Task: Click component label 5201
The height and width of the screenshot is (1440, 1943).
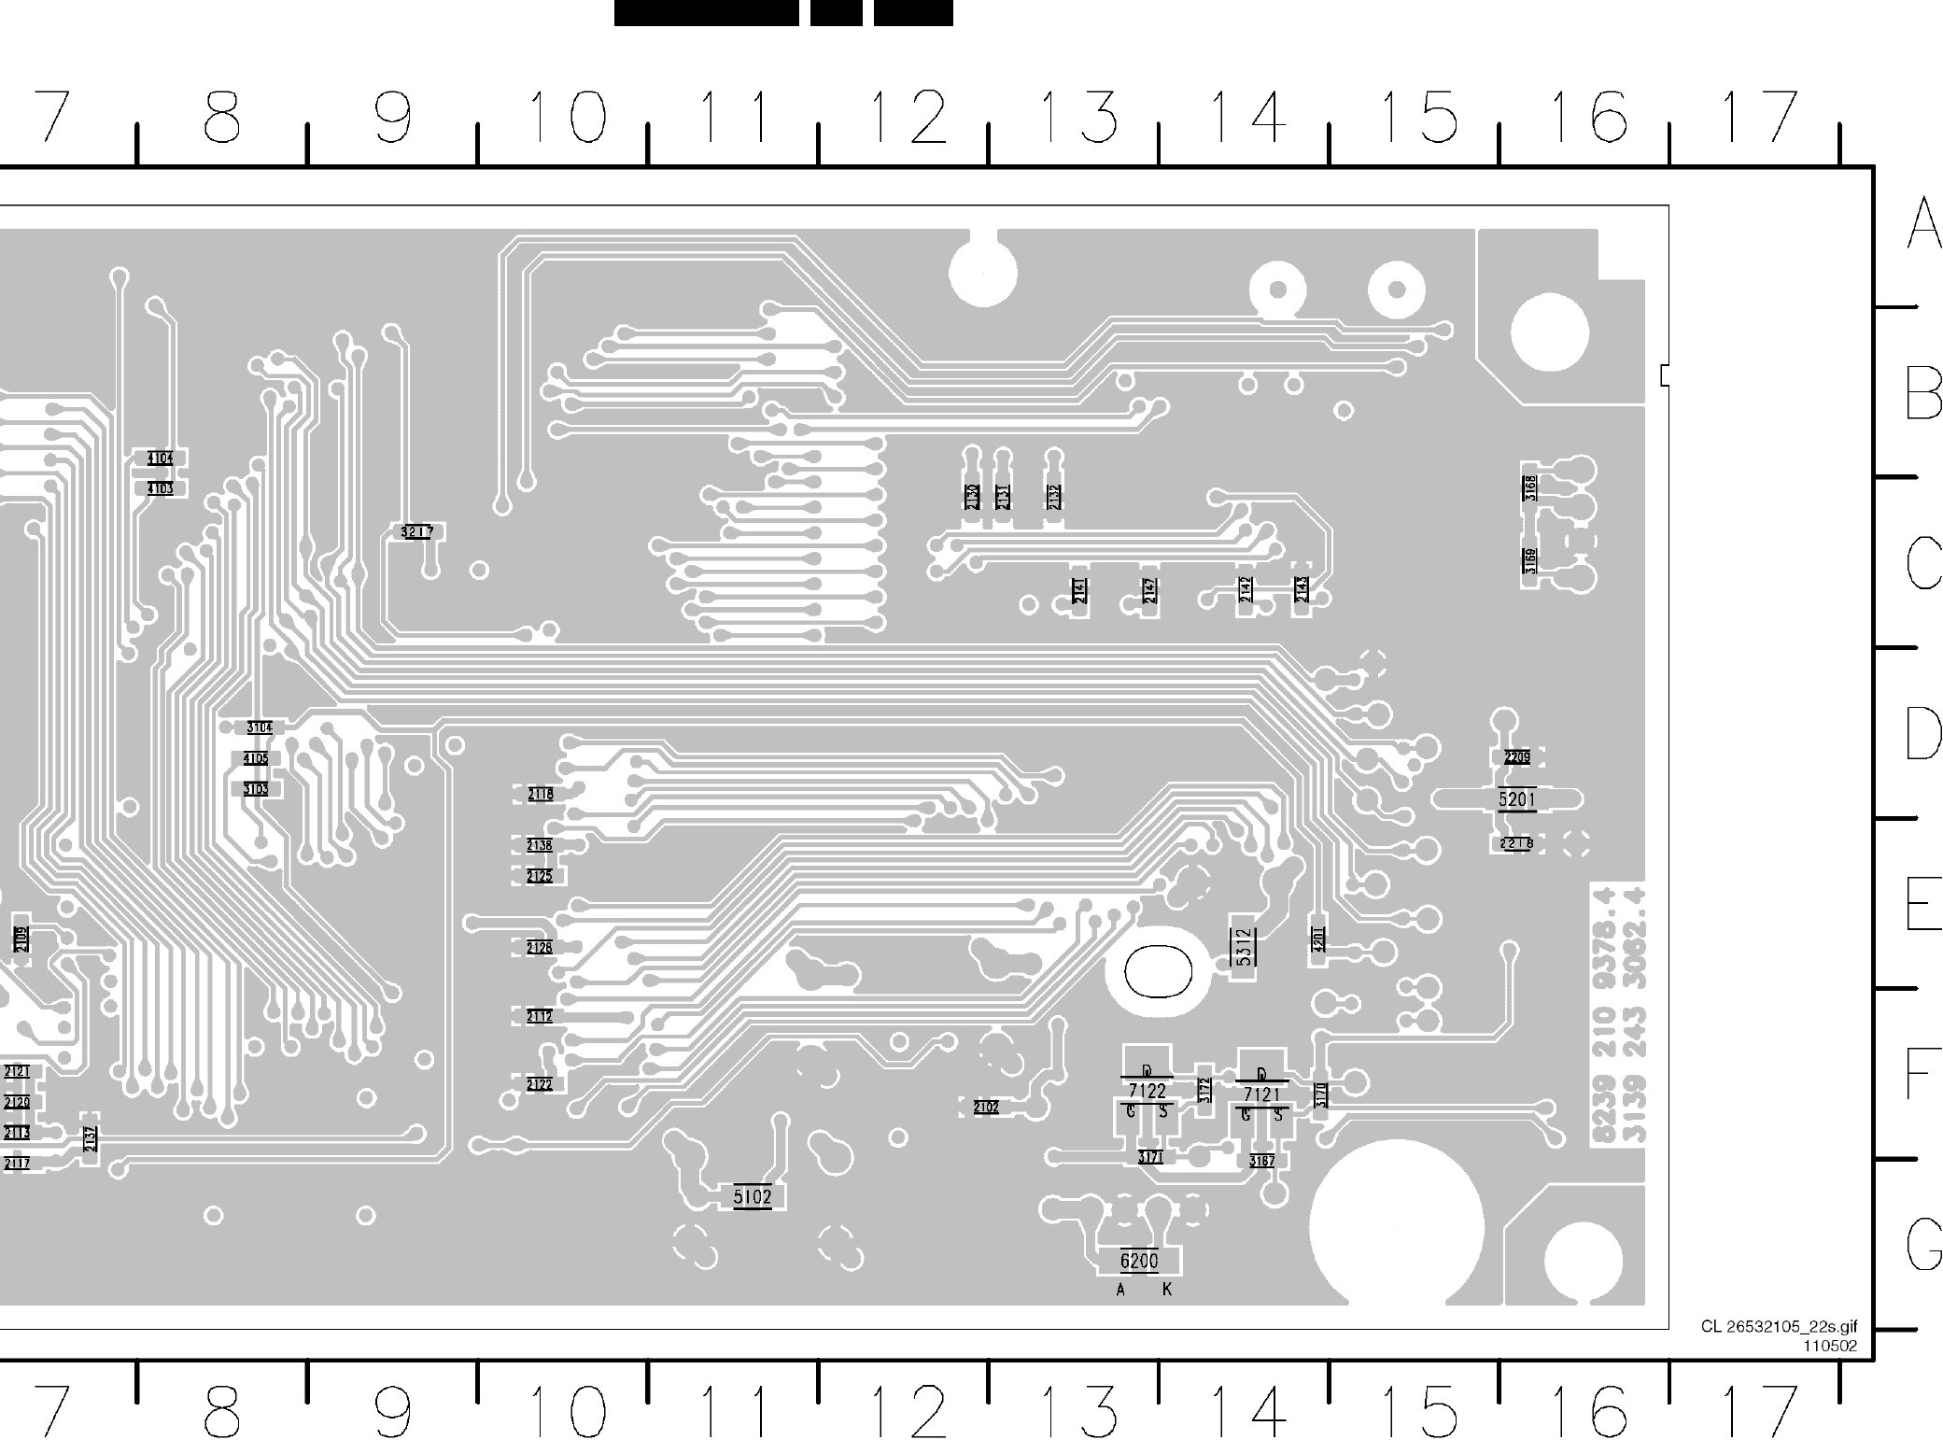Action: click(1516, 799)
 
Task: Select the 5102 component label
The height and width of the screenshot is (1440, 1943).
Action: click(753, 1197)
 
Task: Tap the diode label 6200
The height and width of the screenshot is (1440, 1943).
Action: click(1139, 1262)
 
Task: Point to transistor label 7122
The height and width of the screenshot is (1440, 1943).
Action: click(1147, 1091)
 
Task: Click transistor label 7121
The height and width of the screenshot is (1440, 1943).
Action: click(1261, 1094)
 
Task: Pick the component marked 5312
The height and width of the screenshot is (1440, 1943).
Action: click(1243, 947)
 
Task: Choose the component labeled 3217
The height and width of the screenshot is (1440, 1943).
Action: click(416, 532)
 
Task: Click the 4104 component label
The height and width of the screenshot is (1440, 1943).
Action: click(160, 459)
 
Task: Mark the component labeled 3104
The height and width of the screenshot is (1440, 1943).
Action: click(260, 727)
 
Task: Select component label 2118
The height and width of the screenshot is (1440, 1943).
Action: click(540, 795)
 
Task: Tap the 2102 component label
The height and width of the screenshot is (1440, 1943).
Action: click(986, 1108)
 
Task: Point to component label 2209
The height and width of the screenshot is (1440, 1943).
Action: click(1517, 757)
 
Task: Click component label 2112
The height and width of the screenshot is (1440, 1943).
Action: click(540, 1016)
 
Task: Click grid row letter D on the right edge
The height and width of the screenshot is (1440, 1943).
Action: click(1922, 733)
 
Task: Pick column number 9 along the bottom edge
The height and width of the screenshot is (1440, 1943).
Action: click(392, 1411)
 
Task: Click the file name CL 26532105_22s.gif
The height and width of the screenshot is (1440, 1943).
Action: click(1779, 1327)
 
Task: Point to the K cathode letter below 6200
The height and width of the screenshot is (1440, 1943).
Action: click(1167, 1290)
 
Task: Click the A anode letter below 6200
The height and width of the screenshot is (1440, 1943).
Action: click(1120, 1291)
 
